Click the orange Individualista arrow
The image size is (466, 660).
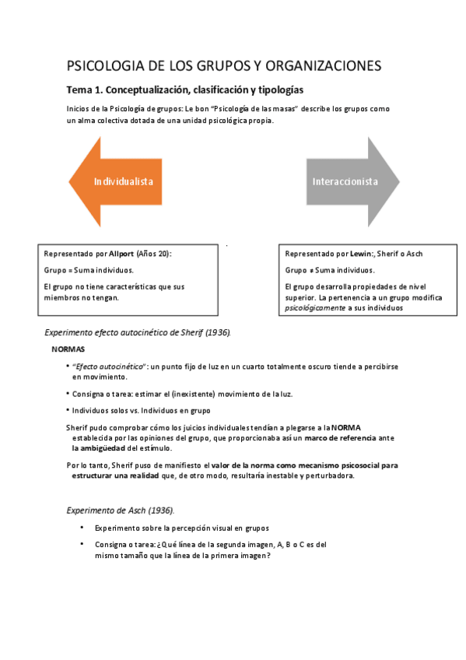(x=117, y=181)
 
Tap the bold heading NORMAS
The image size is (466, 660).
(x=68, y=349)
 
